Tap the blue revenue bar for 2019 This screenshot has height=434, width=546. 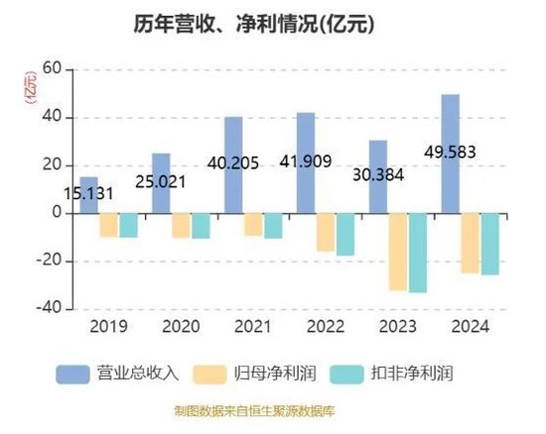pos(88,194)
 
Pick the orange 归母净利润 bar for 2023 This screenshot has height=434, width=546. pos(397,252)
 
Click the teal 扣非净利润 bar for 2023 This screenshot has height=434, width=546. pos(417,253)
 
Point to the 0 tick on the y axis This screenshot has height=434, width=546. pos(57,213)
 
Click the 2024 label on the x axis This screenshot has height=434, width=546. pos(469,327)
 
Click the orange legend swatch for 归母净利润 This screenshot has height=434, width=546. pos(216,374)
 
